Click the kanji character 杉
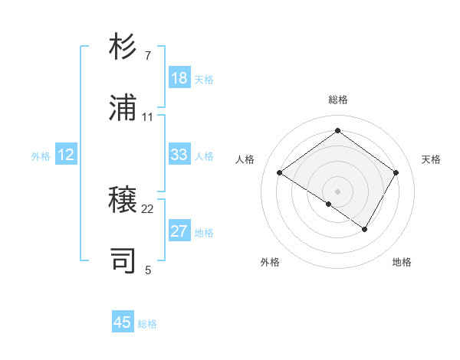pyautogui.click(x=123, y=47)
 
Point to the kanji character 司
pyautogui.click(x=123, y=260)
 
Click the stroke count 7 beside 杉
pyautogui.click(x=147, y=56)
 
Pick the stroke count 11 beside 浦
pyautogui.click(x=148, y=117)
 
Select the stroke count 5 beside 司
pyautogui.click(x=148, y=270)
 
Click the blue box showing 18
pyautogui.click(x=179, y=78)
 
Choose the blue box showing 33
pyautogui.click(x=179, y=155)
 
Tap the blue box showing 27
pyautogui.click(x=179, y=231)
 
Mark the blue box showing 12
pyautogui.click(x=66, y=155)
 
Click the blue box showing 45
pyautogui.click(x=123, y=322)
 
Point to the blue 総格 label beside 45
pyautogui.click(x=147, y=324)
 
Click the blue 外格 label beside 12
pyautogui.click(x=41, y=156)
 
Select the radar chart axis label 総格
pyautogui.click(x=337, y=100)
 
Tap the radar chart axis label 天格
pyautogui.click(x=431, y=159)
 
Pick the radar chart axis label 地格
pyautogui.click(x=402, y=262)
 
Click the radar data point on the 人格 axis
pyautogui.click(x=280, y=173)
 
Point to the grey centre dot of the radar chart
pyautogui.click(x=337, y=191)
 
